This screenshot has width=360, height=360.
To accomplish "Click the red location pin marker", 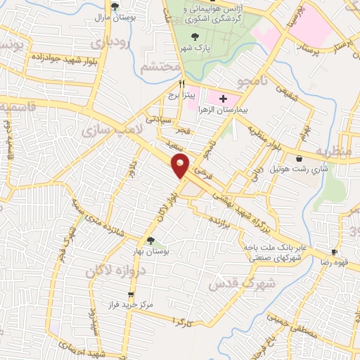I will point(181,165).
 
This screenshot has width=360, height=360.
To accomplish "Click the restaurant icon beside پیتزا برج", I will point(183,83).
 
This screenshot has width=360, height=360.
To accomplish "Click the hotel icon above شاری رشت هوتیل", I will point(301,159).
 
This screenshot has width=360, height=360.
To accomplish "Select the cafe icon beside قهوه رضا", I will point(335,252).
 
